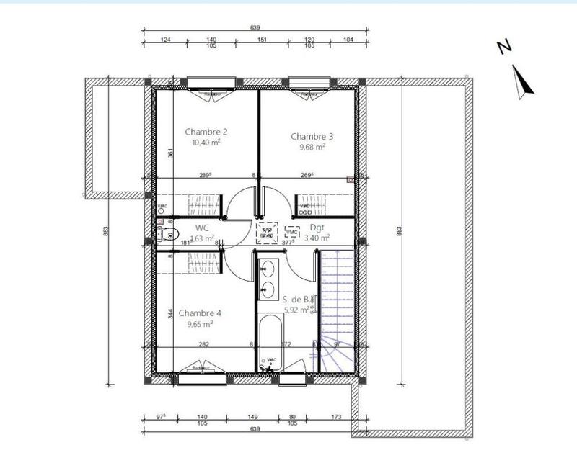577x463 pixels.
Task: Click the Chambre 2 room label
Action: point(206,132)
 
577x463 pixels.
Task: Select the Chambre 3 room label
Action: point(312,136)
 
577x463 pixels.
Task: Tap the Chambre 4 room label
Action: point(200,313)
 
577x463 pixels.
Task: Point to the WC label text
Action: point(202,228)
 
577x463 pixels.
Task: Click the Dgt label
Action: point(318,228)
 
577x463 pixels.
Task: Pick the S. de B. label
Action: point(296,299)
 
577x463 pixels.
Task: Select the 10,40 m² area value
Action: point(206,143)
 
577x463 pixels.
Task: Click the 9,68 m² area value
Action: point(312,146)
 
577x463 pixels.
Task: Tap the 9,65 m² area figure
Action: point(200,324)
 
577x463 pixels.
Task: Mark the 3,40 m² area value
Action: point(317,237)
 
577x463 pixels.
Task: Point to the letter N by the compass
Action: point(504,47)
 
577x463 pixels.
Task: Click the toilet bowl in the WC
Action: point(169,234)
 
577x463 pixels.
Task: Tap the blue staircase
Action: point(337,310)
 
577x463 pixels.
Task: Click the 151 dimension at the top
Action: point(263,40)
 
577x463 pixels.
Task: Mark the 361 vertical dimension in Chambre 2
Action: point(170,153)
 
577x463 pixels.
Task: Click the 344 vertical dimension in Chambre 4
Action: point(170,315)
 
